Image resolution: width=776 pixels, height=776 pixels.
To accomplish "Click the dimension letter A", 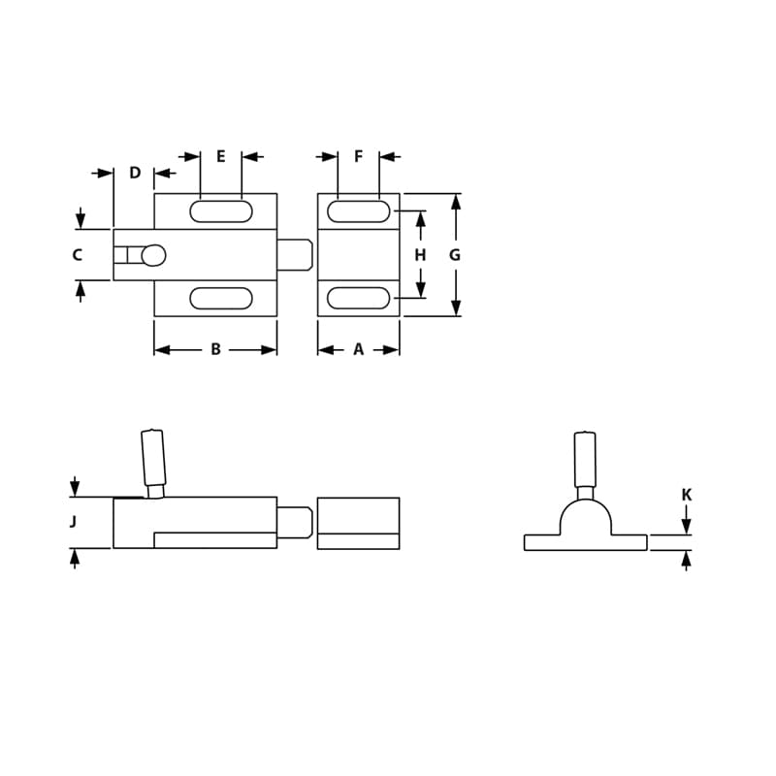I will [358, 350].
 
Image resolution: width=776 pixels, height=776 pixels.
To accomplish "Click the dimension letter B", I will [215, 350].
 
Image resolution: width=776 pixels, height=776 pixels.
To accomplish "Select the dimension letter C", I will [78, 256].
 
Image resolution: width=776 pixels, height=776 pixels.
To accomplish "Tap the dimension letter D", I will [135, 174].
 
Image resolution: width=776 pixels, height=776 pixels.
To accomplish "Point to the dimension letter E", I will [221, 157].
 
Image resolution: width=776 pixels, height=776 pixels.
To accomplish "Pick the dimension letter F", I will [359, 157].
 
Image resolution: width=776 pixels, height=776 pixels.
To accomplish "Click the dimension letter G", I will [455, 256].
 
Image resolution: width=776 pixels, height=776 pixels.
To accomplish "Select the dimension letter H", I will [420, 256].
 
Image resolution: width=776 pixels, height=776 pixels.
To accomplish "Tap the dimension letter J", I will [74, 523].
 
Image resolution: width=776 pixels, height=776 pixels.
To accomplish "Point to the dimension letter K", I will [687, 496].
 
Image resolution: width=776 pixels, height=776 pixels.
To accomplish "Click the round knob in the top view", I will [153, 256].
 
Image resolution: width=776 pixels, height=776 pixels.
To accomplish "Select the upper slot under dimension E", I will [221, 211].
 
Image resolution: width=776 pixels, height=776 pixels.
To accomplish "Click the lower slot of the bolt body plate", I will [221, 299].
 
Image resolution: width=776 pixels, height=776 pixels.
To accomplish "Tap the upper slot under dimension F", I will [358, 211].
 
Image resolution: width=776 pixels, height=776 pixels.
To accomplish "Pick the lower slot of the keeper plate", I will [358, 299].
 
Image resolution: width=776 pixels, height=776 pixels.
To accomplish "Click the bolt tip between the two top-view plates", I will [295, 255].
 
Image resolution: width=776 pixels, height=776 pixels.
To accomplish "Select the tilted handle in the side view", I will [153, 459].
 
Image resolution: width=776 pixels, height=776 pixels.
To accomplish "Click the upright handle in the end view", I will [585, 460].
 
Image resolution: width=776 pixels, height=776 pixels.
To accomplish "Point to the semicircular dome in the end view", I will [586, 518].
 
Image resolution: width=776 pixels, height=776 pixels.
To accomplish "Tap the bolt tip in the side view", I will [295, 523].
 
